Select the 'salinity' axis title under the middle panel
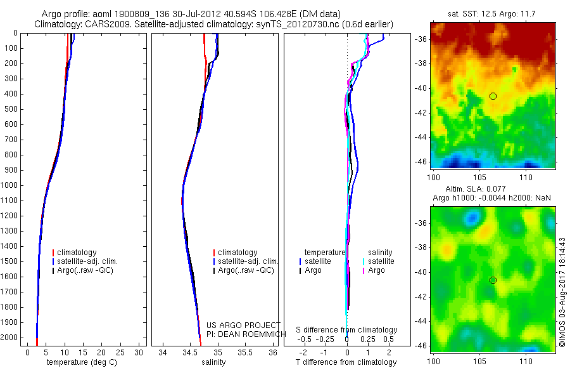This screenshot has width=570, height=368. click(212, 362)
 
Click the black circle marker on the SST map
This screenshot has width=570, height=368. click(493, 96)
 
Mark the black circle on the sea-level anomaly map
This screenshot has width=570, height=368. click(493, 280)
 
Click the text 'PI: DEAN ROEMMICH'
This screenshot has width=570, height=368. click(243, 334)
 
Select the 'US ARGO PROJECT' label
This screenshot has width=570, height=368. click(243, 325)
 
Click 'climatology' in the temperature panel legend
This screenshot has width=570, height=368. click(77, 253)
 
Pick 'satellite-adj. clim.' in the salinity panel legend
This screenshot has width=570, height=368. click(248, 261)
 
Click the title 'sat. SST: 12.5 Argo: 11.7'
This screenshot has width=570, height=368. click(492, 14)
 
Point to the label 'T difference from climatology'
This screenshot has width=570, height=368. click(346, 362)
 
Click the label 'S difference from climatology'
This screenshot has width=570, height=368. click(346, 330)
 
